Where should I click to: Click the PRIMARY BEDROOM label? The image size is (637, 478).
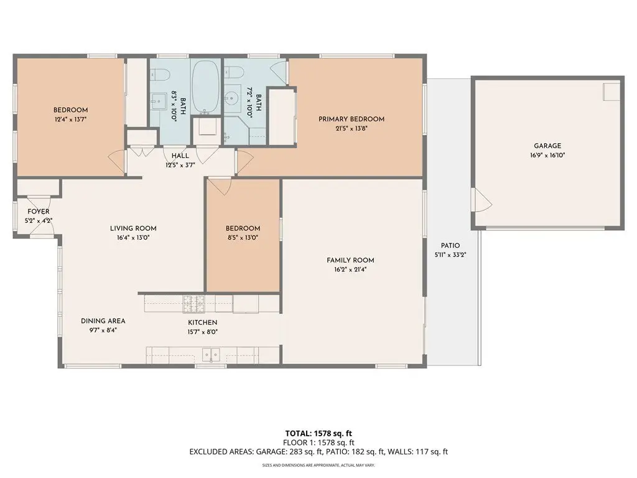click(351, 119)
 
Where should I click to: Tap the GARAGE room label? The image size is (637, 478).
click(547, 146)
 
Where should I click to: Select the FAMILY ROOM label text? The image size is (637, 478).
click(350, 260)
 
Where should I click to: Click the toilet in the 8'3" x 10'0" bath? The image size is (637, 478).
click(160, 75)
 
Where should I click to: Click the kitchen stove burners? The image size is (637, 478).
click(194, 304)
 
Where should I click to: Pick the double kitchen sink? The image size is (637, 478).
click(212, 355)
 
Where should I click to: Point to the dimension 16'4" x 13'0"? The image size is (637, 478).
click(133, 238)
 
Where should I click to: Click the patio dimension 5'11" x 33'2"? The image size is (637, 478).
click(450, 255)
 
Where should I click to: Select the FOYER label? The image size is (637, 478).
click(38, 212)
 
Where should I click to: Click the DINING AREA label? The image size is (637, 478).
click(103, 321)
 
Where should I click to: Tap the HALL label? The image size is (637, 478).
click(180, 156)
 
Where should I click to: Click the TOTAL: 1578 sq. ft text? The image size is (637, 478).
click(318, 433)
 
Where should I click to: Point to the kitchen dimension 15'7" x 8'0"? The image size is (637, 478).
click(203, 332)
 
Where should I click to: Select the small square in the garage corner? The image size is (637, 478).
click(611, 92)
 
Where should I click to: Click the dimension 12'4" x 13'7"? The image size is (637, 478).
click(71, 119)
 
